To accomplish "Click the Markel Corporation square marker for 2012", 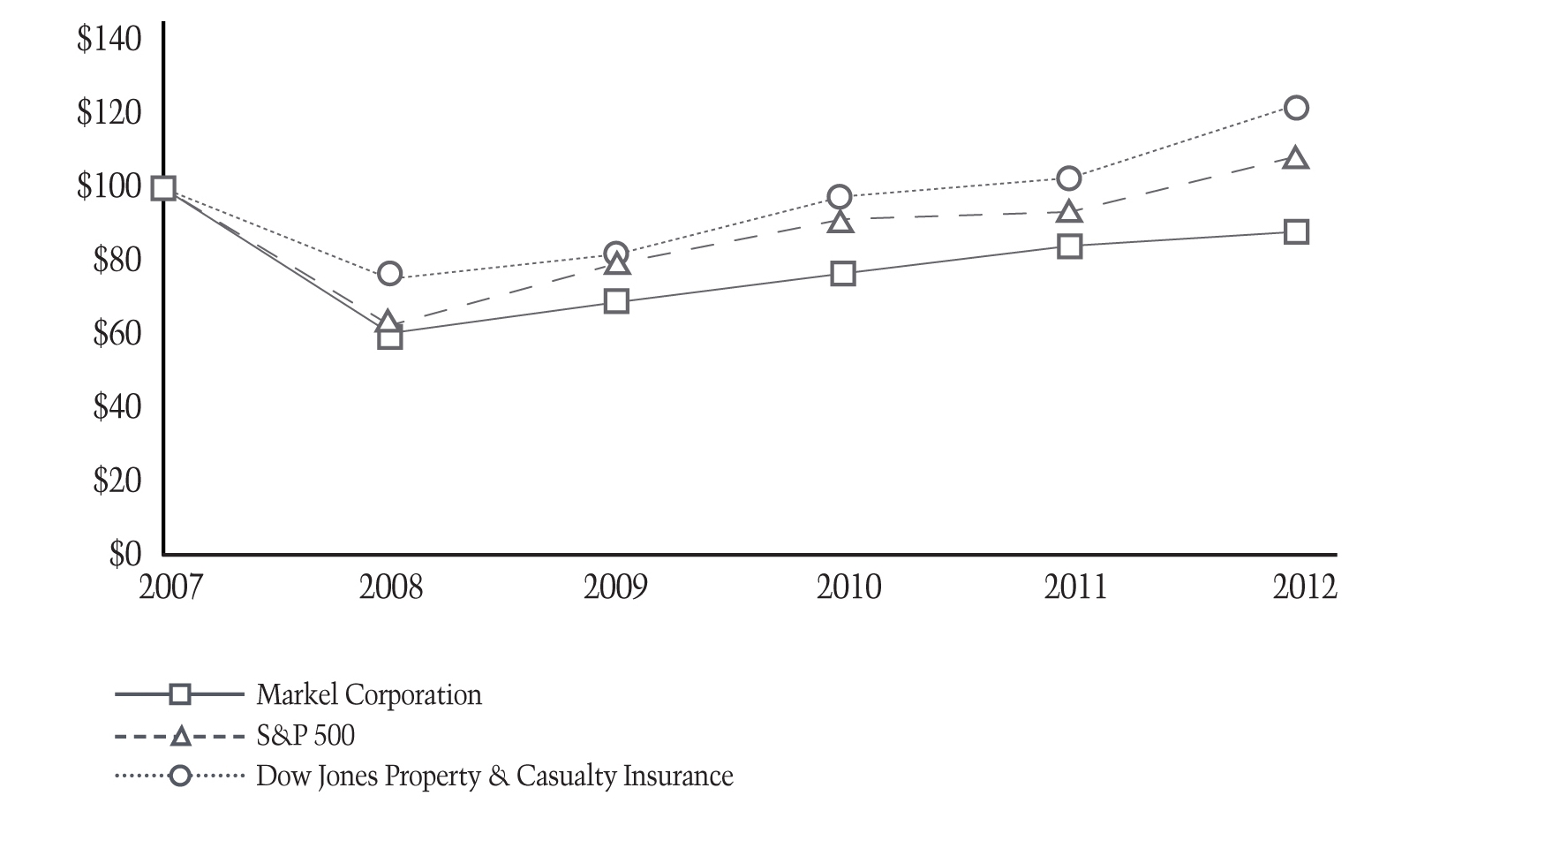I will pyautogui.click(x=1295, y=232).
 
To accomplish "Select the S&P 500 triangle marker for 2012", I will pyautogui.click(x=1295, y=159).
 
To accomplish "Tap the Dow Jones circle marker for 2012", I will pyautogui.click(x=1295, y=108).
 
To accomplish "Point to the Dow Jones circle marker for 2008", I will pyautogui.click(x=389, y=274).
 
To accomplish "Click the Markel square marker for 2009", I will pyautogui.click(x=616, y=301).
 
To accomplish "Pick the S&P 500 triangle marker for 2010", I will pyautogui.click(x=842, y=222).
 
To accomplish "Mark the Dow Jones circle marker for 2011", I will pyautogui.click(x=1069, y=178).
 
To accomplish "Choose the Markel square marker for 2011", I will pyautogui.click(x=1069, y=246).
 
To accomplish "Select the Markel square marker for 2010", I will pyautogui.click(x=842, y=274).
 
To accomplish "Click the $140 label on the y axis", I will pyautogui.click(x=109, y=40).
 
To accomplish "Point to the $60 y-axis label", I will pyautogui.click(x=117, y=334).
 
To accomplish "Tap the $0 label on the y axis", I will pyautogui.click(x=124, y=554).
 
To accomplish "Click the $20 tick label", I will pyautogui.click(x=117, y=481).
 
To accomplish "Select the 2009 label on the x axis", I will pyautogui.click(x=615, y=587).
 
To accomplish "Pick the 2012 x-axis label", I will pyautogui.click(x=1304, y=587).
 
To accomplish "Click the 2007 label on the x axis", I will pyautogui.click(x=170, y=587).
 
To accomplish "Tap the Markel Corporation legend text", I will pyautogui.click(x=369, y=695).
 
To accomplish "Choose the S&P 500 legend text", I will pyautogui.click(x=305, y=736).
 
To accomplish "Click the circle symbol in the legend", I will pyautogui.click(x=180, y=777).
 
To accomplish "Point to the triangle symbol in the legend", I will pyautogui.click(x=180, y=736).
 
